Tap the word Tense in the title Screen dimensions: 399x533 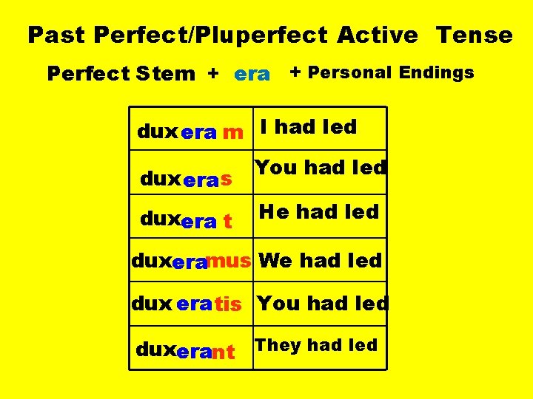(x=474, y=35)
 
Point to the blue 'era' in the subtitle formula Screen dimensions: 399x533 (x=252, y=74)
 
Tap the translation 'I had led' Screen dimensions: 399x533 (x=309, y=127)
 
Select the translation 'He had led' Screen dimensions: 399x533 (x=318, y=212)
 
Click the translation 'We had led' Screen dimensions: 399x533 (x=321, y=260)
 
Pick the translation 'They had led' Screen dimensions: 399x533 (x=316, y=345)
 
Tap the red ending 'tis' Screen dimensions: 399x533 (x=228, y=304)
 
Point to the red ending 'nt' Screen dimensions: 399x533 (x=223, y=352)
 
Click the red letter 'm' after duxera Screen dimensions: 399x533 (x=232, y=133)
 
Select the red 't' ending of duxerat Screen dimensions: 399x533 (x=227, y=221)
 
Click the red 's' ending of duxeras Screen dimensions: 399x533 (x=226, y=179)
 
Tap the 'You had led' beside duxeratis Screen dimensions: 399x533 (x=322, y=303)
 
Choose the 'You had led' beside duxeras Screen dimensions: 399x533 (x=321, y=168)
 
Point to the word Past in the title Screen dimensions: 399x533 (x=56, y=35)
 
